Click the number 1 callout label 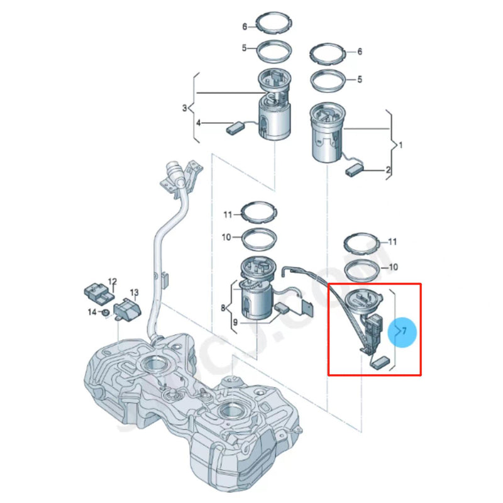click(401, 145)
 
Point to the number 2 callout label click(388, 170)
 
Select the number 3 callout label click(185, 108)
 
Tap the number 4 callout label click(198, 123)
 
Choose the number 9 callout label click(235, 323)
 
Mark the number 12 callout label click(113, 282)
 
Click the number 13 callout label click(134, 292)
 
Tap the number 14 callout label click(92, 312)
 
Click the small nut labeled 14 click(107, 312)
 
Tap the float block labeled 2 click(356, 169)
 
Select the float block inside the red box click(380, 362)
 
